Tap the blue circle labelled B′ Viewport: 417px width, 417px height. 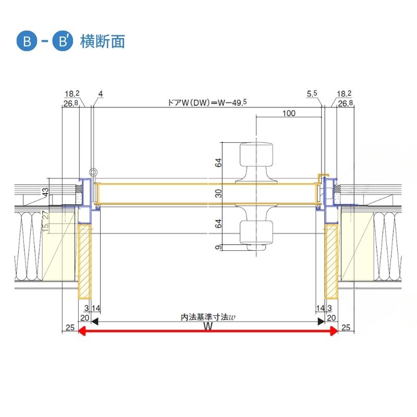coord(63,41)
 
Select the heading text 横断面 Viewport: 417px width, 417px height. coord(103,41)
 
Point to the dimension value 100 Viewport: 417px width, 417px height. coord(289,113)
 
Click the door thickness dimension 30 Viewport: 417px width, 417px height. coord(219,193)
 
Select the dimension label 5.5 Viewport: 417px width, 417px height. coord(312,94)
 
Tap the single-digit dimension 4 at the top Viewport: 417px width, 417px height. coord(100,94)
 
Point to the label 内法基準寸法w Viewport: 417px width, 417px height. coord(208,316)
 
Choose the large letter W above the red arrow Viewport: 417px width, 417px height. coord(208,326)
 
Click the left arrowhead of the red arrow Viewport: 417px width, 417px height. coord(82,331)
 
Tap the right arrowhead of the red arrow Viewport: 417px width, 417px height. coord(334,331)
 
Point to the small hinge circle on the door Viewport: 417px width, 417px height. coord(93,172)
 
